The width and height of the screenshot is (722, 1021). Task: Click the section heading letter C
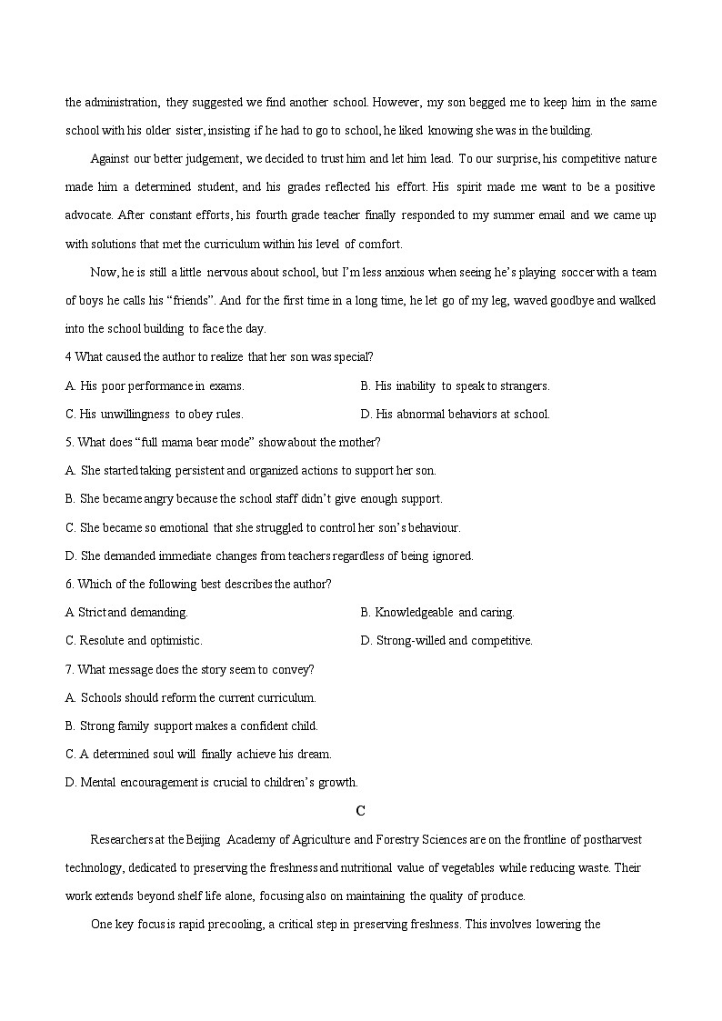(361, 811)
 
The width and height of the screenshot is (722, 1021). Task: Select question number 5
(70, 442)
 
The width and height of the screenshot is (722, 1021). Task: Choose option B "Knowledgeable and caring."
(437, 612)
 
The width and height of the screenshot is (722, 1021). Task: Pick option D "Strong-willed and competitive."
(446, 640)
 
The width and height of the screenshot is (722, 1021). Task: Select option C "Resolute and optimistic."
(134, 640)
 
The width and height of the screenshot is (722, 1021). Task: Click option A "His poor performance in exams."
(155, 385)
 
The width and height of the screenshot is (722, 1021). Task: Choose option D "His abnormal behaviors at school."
(455, 414)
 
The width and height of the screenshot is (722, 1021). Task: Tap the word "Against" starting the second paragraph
(110, 159)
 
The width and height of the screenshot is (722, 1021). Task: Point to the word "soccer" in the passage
(579, 273)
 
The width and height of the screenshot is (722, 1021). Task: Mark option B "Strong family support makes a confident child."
(192, 726)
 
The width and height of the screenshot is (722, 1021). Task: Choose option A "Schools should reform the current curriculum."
(191, 697)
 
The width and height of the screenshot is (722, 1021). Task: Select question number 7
(70, 669)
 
